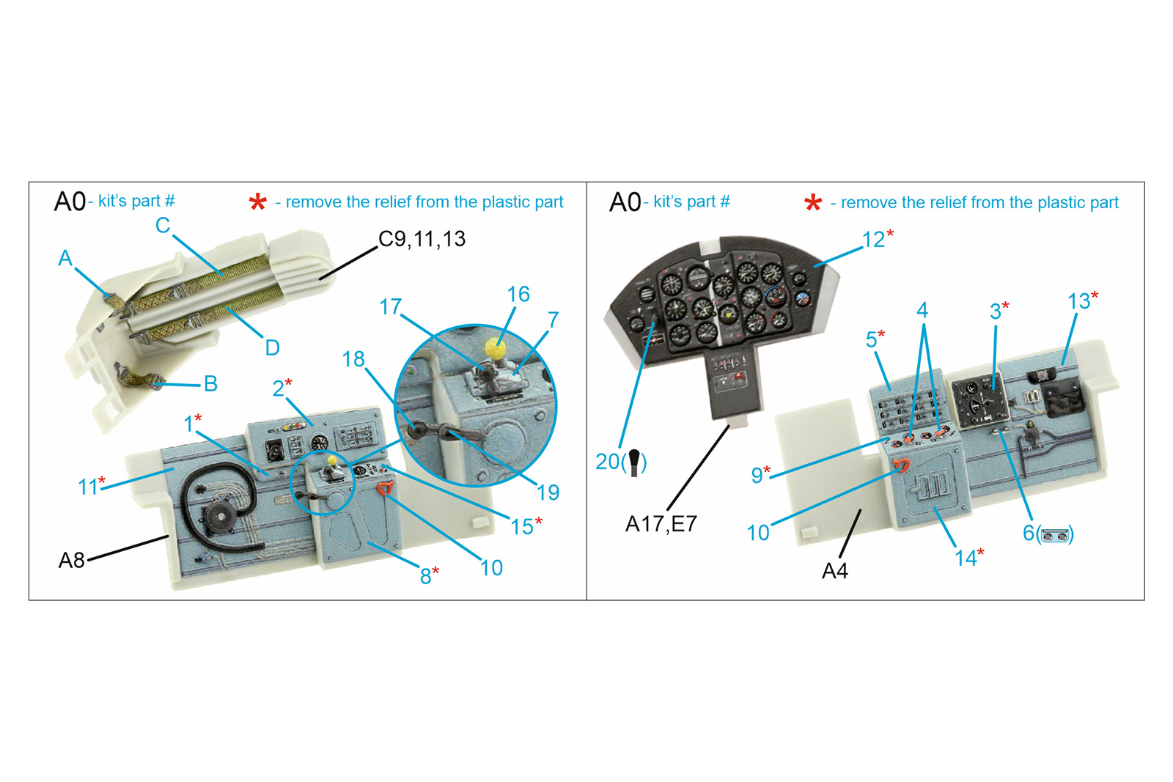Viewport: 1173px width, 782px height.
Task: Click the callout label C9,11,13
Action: point(422,239)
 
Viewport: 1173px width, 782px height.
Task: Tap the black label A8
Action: point(72,560)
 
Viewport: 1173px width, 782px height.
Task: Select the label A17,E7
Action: point(661,524)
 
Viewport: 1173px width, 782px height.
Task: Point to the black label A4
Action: point(834,570)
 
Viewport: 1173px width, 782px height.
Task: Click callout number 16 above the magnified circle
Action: point(518,295)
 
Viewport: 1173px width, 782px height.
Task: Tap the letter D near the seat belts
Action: point(272,347)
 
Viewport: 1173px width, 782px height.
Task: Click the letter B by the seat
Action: point(210,383)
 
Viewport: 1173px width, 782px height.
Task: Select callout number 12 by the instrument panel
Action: point(873,240)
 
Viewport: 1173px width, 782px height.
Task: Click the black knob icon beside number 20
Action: point(634,462)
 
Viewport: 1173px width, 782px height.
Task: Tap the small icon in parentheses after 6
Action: point(1055,535)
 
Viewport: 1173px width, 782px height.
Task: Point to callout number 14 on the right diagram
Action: point(965,558)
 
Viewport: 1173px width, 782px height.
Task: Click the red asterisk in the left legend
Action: point(257,202)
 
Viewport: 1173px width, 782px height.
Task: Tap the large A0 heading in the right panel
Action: point(625,202)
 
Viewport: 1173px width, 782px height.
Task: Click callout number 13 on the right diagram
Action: point(1078,301)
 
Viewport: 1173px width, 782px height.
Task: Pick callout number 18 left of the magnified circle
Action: point(353,359)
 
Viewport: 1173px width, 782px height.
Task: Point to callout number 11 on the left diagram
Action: point(87,487)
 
